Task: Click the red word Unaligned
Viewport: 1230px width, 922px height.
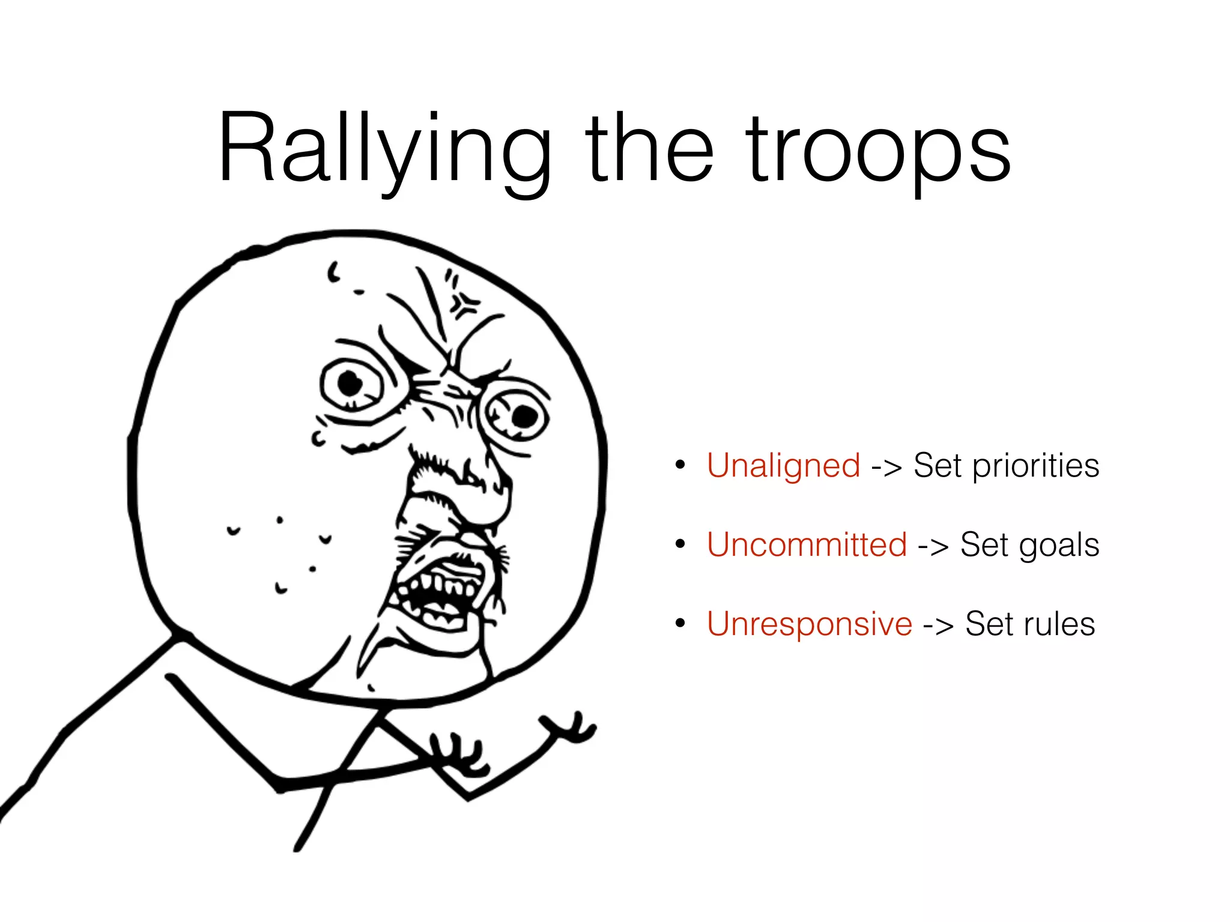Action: [784, 466]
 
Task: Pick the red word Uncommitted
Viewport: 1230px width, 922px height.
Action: [807, 545]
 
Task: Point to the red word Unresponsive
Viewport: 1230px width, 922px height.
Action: [810, 624]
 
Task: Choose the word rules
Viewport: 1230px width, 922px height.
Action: [1060, 624]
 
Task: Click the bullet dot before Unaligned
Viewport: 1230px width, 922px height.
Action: [680, 465]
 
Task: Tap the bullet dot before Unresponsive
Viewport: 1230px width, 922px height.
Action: [680, 624]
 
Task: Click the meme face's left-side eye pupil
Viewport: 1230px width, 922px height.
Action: [350, 382]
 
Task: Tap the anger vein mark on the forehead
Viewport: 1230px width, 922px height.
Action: [464, 304]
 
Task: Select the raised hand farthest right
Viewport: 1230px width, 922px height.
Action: [571, 728]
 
